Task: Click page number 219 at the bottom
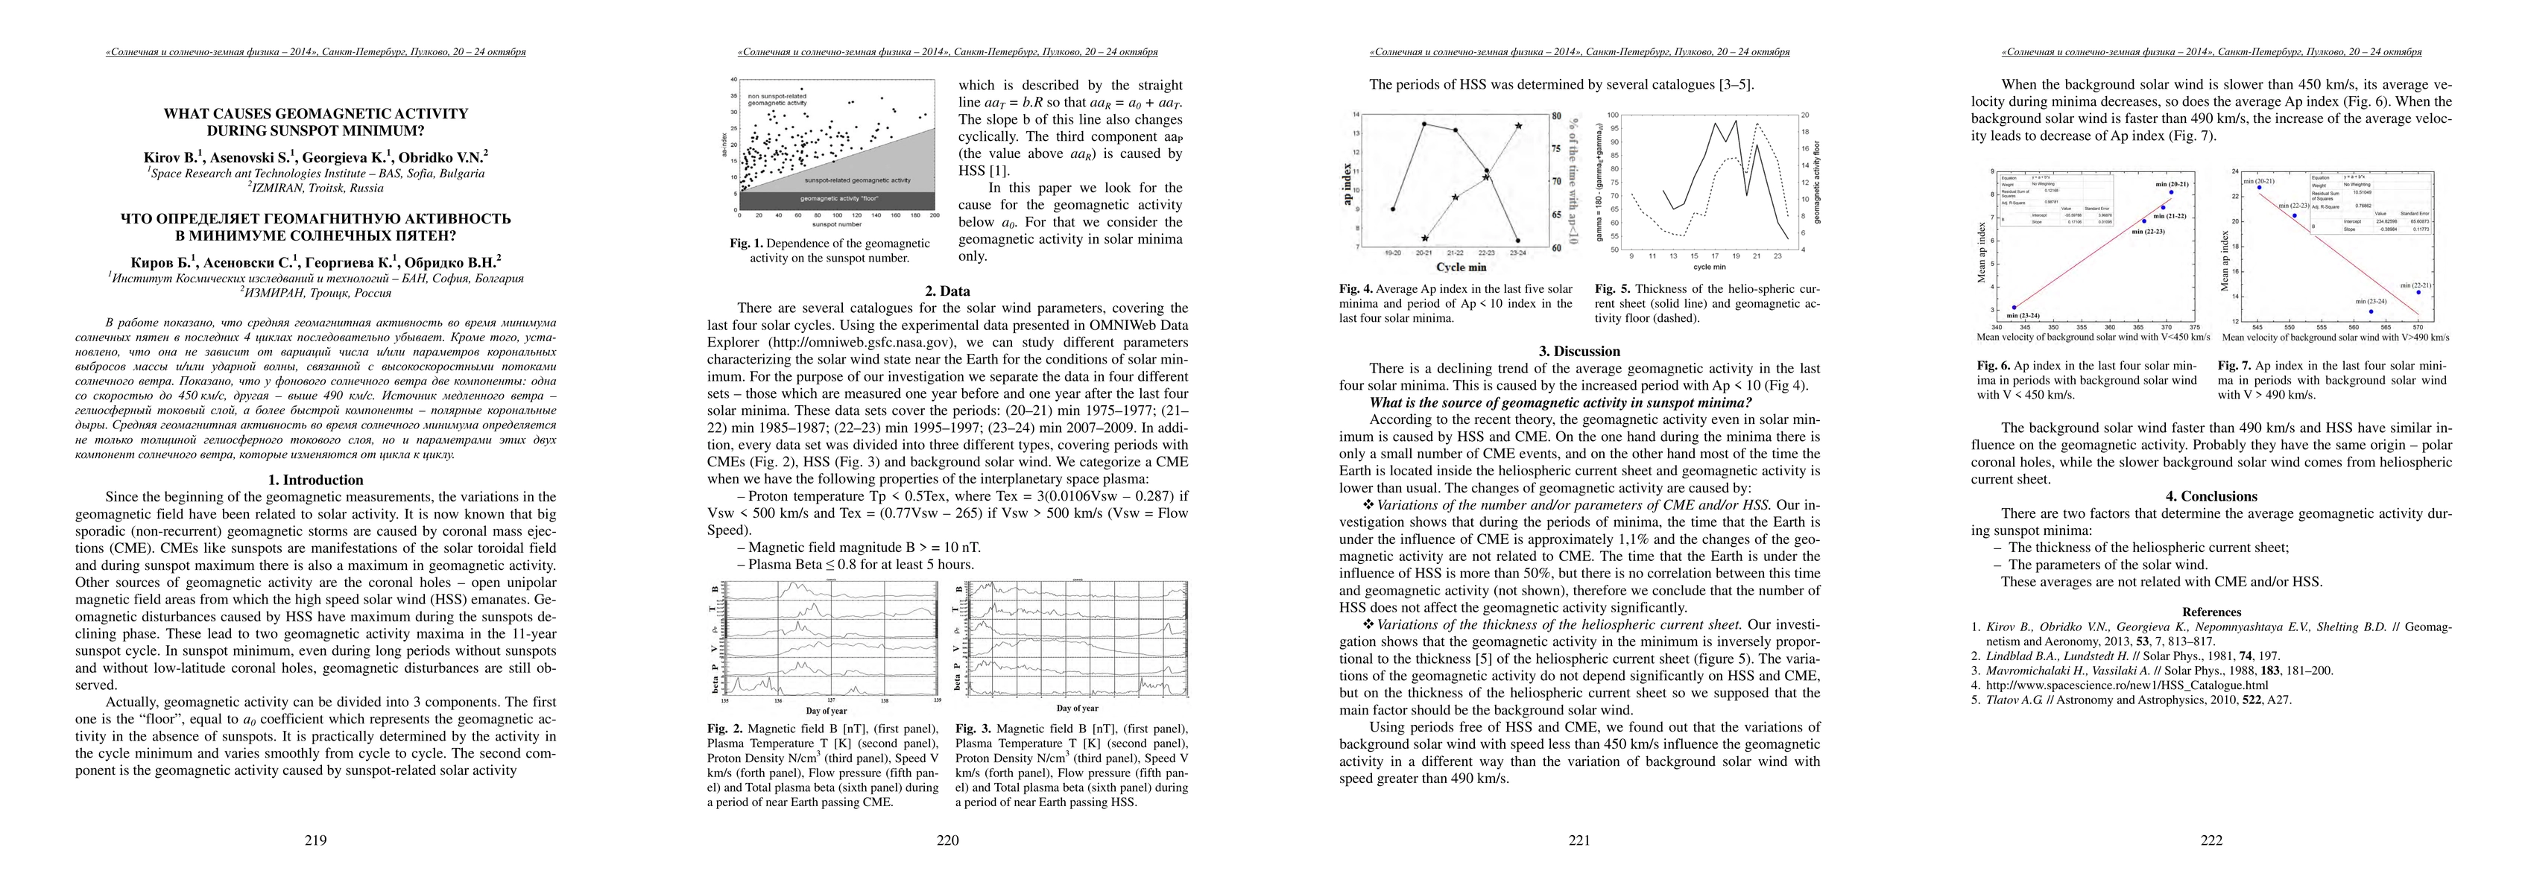click(x=315, y=840)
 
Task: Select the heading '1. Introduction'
click(x=315, y=480)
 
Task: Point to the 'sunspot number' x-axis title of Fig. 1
click(x=836, y=226)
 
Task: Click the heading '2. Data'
click(x=947, y=291)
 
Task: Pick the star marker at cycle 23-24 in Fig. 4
click(x=1518, y=126)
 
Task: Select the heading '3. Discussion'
click(x=1579, y=352)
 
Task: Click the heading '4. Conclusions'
click(x=2211, y=497)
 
